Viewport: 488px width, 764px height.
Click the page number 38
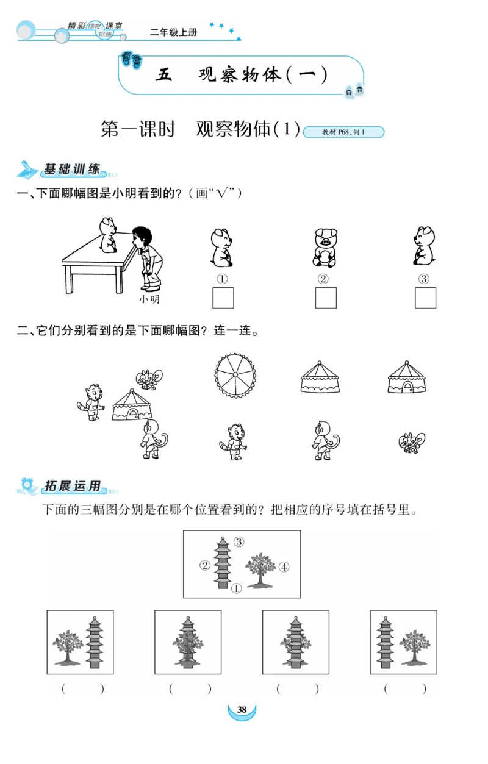242,710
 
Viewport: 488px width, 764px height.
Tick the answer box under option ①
223,298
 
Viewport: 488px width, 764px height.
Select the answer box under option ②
325,298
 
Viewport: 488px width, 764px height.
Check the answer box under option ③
425,298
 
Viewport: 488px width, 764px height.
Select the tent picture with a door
407,378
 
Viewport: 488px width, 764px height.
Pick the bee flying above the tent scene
149,379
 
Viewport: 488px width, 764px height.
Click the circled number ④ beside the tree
284,567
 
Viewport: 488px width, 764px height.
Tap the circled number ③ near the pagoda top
239,541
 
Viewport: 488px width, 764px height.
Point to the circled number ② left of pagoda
205,565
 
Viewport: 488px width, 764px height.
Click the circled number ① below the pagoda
237,588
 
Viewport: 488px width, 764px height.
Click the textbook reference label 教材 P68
343,132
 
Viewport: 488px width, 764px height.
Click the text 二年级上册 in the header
173,32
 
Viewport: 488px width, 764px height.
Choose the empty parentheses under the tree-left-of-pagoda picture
83,689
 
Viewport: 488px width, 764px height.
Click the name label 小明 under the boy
149,299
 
